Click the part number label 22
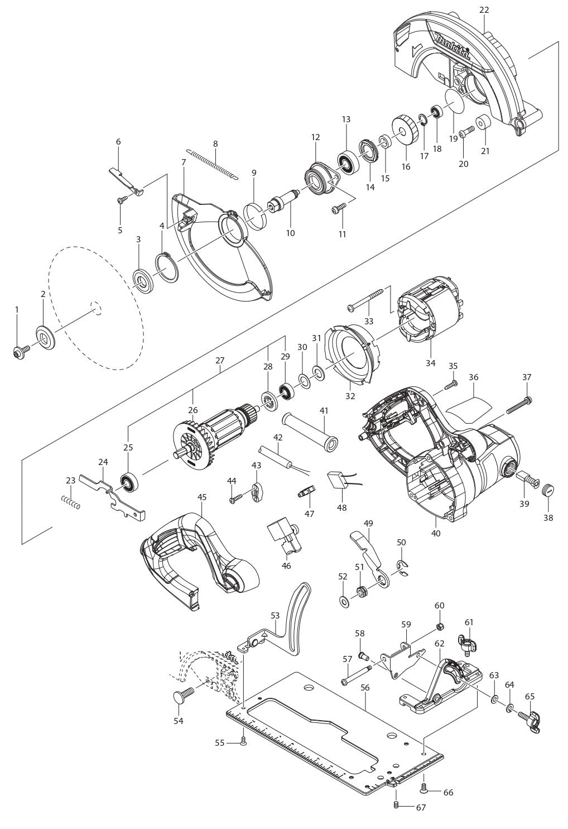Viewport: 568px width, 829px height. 483,10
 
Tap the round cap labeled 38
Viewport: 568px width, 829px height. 548,492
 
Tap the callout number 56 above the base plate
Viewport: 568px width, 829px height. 365,688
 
